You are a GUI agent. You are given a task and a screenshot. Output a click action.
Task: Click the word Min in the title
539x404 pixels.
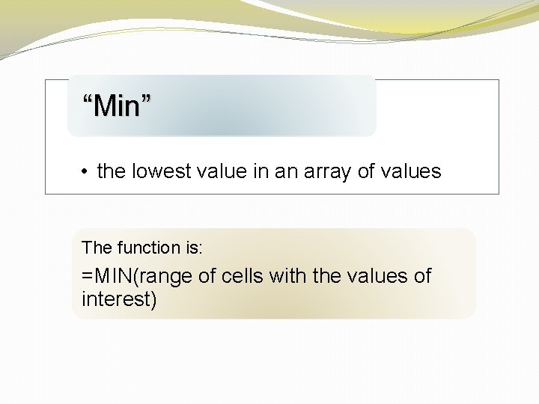click(118, 106)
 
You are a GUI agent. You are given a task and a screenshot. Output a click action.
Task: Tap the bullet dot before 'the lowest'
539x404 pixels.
click(88, 172)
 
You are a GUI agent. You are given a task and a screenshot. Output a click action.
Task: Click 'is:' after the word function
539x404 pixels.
click(192, 247)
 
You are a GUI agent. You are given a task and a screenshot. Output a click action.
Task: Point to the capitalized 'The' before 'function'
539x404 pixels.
click(96, 247)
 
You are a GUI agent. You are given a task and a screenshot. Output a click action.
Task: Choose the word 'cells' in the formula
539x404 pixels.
click(243, 276)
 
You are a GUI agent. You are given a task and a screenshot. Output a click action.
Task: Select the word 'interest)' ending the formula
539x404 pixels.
click(119, 300)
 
